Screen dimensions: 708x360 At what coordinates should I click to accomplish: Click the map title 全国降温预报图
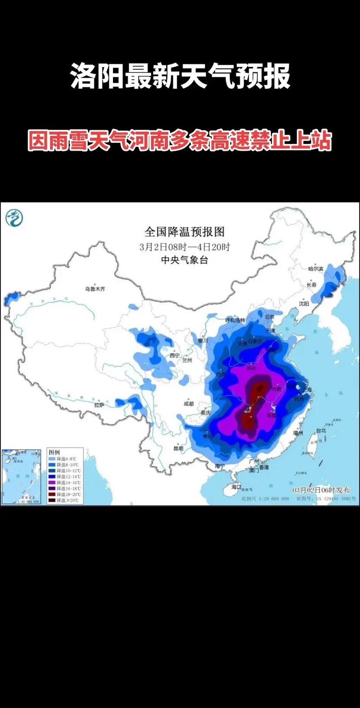(184, 232)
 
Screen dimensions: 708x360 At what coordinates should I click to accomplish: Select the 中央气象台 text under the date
(184, 260)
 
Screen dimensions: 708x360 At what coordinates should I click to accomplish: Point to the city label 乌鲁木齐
(95, 289)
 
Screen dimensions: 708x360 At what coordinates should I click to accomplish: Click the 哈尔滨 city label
(315, 269)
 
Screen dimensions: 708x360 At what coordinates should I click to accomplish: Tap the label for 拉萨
(99, 405)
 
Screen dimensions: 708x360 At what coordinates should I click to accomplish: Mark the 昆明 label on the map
(178, 448)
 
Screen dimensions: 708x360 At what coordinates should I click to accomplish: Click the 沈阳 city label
(304, 304)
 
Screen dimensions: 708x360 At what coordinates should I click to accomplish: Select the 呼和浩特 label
(235, 320)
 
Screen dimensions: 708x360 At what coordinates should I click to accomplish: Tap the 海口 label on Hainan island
(236, 487)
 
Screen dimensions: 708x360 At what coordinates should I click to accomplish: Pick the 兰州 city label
(187, 361)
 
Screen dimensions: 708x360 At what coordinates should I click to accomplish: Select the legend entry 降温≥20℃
(67, 500)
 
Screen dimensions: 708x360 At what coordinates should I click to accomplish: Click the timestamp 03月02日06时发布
(321, 490)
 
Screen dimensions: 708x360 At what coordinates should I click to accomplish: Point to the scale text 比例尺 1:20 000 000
(265, 499)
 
